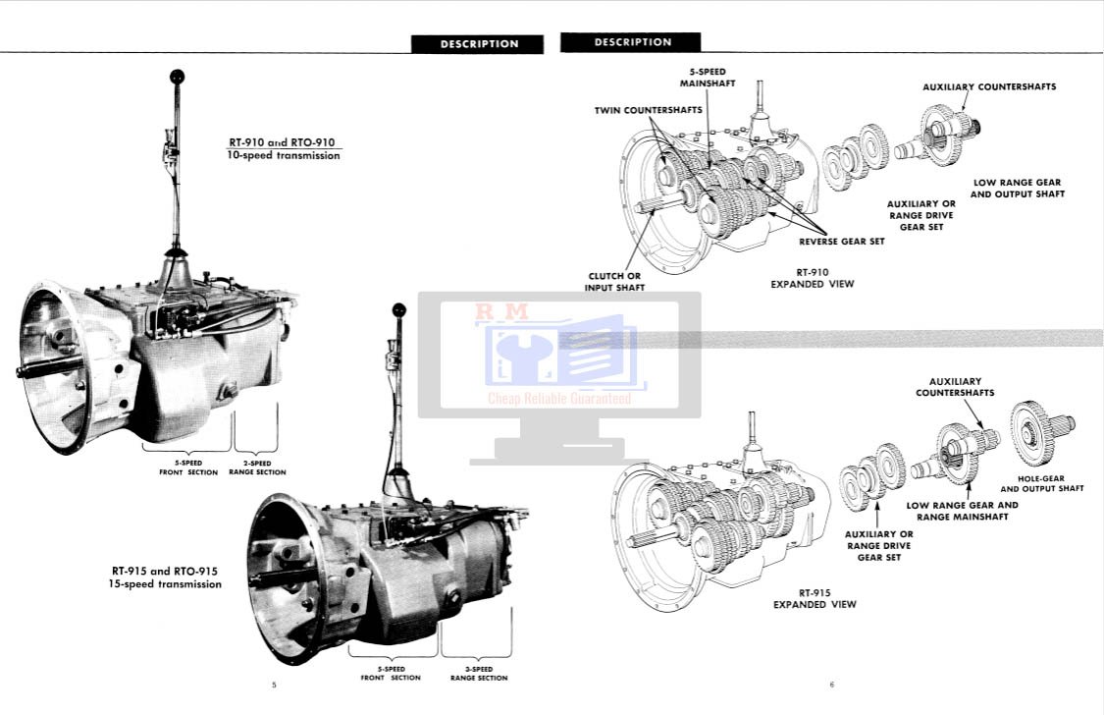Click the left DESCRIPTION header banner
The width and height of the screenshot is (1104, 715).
click(x=478, y=44)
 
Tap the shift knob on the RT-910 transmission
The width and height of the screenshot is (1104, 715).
click(x=177, y=77)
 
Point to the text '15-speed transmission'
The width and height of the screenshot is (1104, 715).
click(x=165, y=584)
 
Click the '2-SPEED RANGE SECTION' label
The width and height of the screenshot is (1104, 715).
click(x=257, y=467)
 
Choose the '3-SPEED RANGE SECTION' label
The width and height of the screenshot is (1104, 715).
click(x=479, y=674)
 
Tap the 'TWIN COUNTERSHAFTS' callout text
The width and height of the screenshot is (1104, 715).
click(x=649, y=110)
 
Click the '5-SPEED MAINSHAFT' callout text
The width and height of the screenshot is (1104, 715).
click(x=708, y=78)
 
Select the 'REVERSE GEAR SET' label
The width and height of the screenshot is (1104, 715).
click(x=841, y=241)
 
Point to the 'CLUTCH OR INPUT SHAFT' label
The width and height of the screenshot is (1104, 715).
click(x=614, y=282)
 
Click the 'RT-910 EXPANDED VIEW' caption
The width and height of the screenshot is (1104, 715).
click(x=812, y=278)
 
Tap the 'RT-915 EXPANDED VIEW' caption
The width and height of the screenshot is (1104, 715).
click(x=815, y=599)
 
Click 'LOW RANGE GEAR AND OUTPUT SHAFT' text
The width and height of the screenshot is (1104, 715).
click(x=1017, y=189)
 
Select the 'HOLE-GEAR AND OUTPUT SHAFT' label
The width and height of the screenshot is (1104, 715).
click(x=1041, y=483)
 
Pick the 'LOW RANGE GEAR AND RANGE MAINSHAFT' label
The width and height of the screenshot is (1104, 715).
click(x=962, y=511)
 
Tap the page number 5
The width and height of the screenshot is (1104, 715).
click(x=274, y=685)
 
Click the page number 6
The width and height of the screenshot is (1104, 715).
click(x=830, y=685)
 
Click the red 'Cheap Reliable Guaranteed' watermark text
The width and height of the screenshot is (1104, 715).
click(x=559, y=399)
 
